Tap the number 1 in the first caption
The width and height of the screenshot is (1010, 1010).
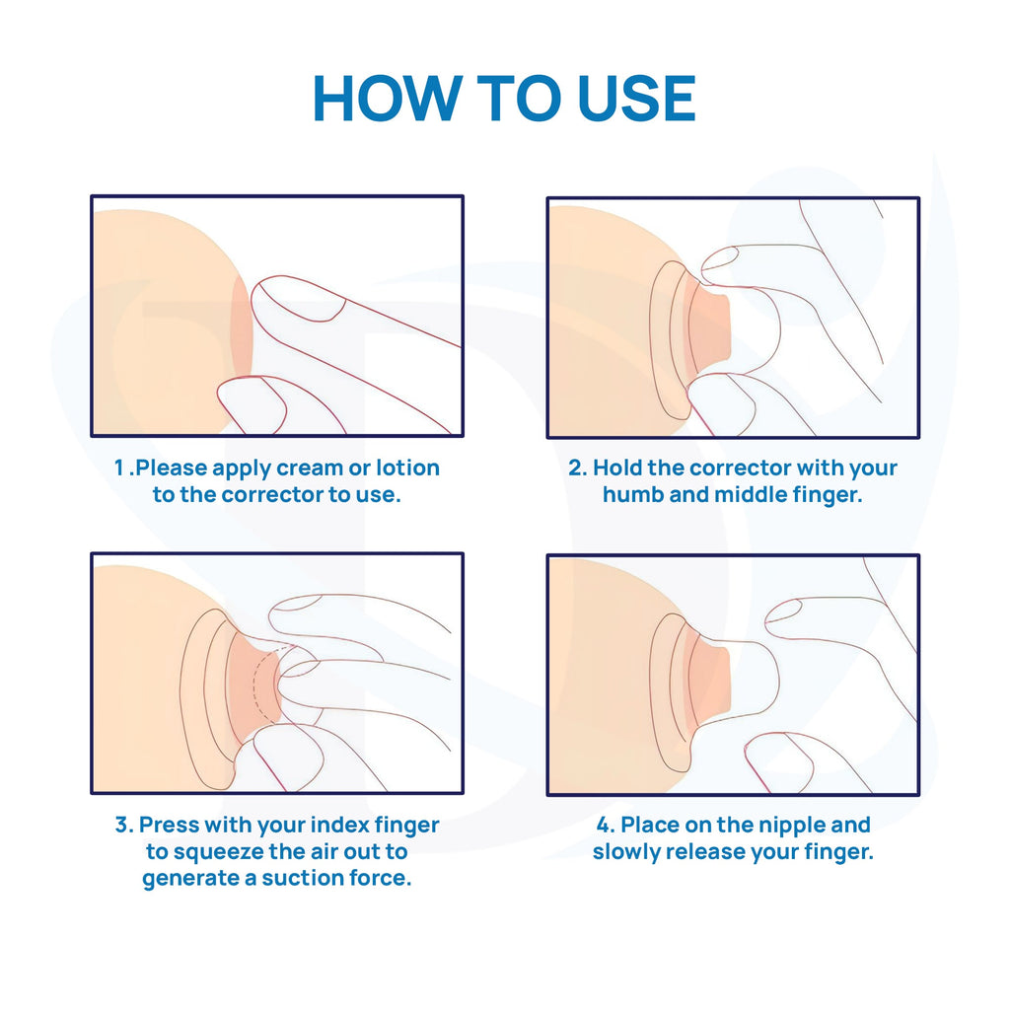tap(119, 468)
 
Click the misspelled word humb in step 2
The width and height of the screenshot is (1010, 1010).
tap(632, 494)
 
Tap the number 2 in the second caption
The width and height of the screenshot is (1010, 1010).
tap(577, 468)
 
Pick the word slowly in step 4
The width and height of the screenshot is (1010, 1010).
tap(625, 851)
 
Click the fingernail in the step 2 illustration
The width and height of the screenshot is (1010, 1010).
tap(719, 257)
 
